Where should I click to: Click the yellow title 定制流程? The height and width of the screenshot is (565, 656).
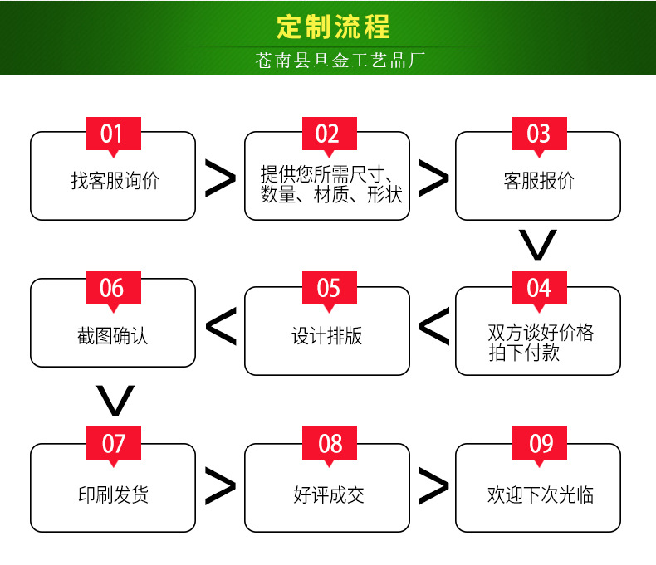[x=332, y=27]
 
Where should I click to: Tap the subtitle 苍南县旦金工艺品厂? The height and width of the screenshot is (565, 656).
[x=340, y=61]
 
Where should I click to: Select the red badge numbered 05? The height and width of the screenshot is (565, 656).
[x=328, y=288]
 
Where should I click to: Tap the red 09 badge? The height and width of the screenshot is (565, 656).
[x=540, y=444]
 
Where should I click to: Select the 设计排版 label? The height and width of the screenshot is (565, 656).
[x=327, y=336]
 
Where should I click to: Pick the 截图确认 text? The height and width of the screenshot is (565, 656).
[x=113, y=336]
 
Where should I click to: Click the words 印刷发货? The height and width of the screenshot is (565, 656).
[x=113, y=495]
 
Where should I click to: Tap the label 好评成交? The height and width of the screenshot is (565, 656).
[x=328, y=495]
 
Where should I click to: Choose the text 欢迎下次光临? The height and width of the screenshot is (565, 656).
[x=540, y=495]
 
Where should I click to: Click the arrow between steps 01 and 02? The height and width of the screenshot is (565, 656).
[x=220, y=178]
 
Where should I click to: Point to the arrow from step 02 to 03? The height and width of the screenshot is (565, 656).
[x=433, y=178]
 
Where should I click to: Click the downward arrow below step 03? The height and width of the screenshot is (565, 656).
[x=538, y=244]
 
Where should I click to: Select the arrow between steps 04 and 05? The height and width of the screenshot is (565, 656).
[x=433, y=327]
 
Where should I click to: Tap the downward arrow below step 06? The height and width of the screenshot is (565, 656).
[x=115, y=400]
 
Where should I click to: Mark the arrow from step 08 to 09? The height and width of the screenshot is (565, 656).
[x=433, y=486]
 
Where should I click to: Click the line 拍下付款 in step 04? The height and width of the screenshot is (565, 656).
[x=523, y=353]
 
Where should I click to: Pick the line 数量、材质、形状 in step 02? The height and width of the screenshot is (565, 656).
[x=330, y=195]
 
